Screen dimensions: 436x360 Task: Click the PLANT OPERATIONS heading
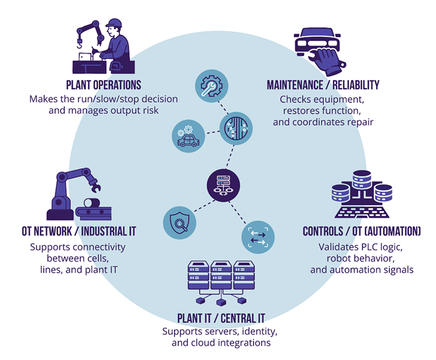(103, 85)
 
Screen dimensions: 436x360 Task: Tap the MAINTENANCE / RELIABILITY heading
(323, 85)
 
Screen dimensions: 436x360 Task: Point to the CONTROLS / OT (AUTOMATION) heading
(361, 231)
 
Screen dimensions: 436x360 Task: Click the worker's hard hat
(114, 23)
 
